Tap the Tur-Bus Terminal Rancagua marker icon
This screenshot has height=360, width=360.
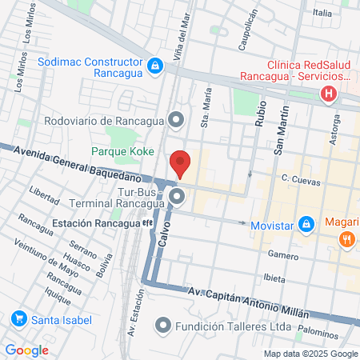178,196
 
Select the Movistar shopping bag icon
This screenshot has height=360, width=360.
305,224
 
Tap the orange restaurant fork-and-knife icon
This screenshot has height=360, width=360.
346,239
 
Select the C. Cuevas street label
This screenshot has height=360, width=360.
301,182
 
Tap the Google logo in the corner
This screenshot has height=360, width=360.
26,350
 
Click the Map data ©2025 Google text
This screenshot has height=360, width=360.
311,354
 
